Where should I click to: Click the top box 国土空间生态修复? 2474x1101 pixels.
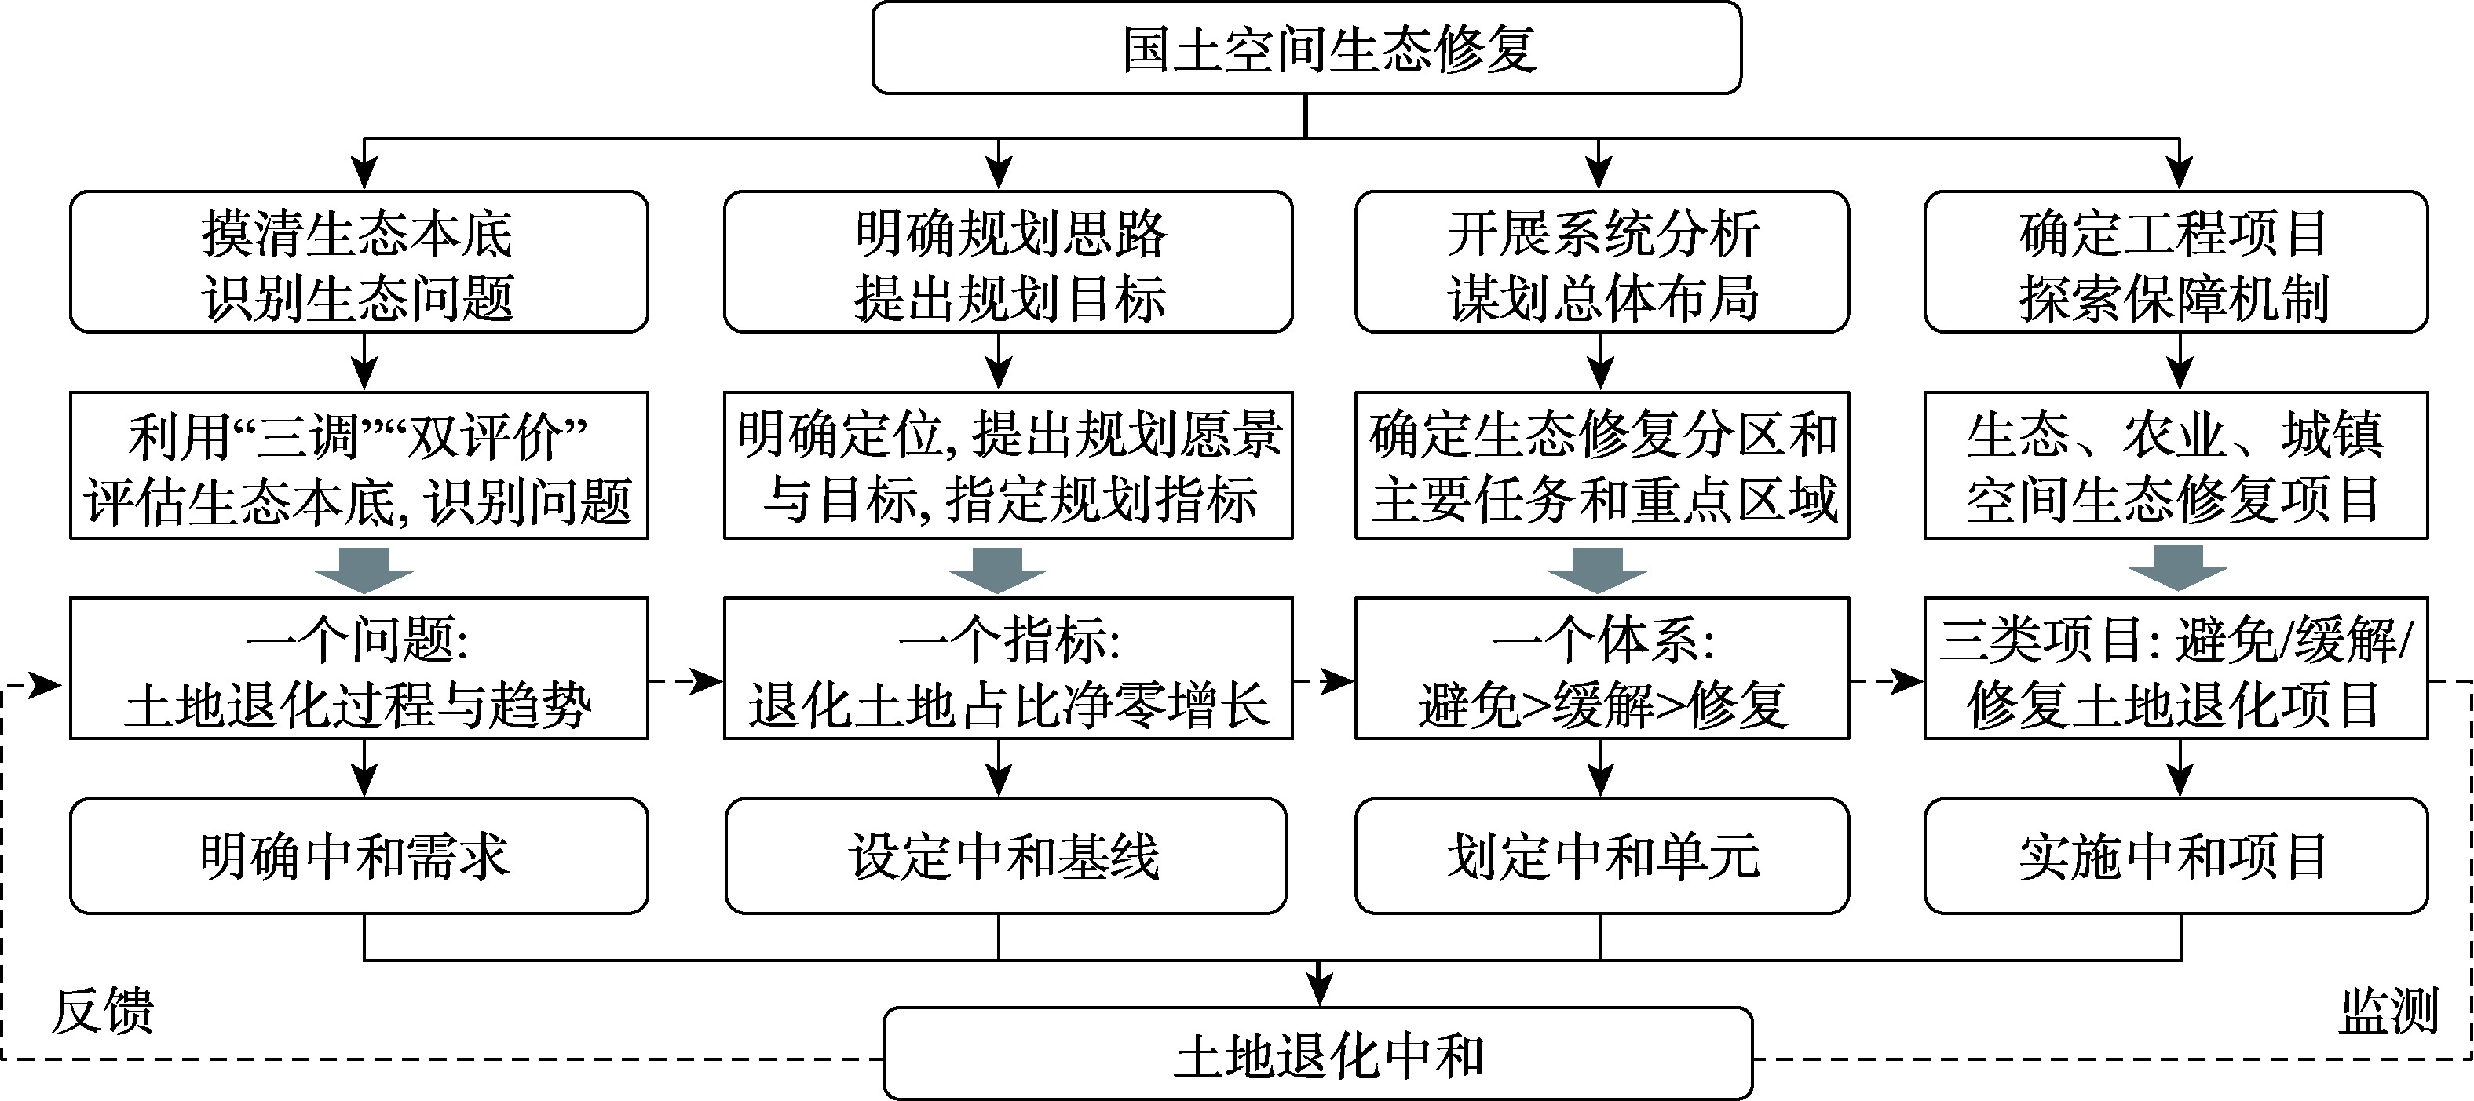(1306, 48)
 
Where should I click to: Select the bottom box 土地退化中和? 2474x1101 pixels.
(1317, 1054)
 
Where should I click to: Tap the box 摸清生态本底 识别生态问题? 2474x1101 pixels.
(358, 262)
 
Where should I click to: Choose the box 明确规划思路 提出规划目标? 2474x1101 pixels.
(1007, 262)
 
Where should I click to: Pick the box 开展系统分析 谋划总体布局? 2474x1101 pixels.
(1601, 262)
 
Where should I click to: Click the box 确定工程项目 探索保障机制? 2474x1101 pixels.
(2176, 262)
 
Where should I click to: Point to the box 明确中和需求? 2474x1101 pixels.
(358, 855)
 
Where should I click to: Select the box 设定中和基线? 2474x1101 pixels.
(1006, 855)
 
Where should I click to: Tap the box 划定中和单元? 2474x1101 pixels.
(1601, 855)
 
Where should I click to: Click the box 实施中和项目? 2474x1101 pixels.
(2176, 855)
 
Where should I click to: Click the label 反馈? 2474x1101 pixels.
(102, 1012)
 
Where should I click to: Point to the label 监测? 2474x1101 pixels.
(2388, 1012)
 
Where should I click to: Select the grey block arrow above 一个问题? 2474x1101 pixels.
(364, 569)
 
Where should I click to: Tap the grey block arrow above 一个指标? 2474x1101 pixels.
(998, 569)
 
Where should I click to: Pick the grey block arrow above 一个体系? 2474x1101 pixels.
(1598, 569)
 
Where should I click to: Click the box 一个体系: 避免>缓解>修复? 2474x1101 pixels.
(1601, 668)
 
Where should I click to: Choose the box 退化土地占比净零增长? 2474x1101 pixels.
(1007, 668)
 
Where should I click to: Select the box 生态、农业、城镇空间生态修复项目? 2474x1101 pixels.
(2176, 465)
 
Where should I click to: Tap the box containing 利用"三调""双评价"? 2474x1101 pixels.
(358, 465)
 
